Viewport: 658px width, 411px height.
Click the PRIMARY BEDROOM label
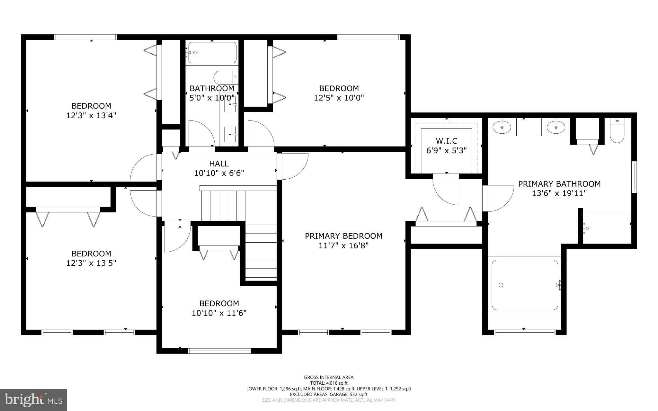click(x=343, y=236)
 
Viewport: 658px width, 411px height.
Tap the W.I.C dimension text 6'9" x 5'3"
click(x=446, y=150)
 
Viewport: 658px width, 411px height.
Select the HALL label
click(x=219, y=164)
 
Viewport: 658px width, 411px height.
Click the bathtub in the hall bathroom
click(x=212, y=53)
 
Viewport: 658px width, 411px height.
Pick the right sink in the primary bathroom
click(x=556, y=127)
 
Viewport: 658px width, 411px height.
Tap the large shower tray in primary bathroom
click(x=524, y=285)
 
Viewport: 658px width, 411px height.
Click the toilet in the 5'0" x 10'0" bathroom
click(x=225, y=77)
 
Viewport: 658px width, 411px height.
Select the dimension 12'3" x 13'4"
click(x=91, y=115)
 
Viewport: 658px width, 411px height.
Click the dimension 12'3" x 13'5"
click(x=91, y=263)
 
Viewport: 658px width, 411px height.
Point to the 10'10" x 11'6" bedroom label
click(x=219, y=303)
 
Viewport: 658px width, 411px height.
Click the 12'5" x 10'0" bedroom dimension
click(x=339, y=98)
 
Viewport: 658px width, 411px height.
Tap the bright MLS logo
click(x=33, y=400)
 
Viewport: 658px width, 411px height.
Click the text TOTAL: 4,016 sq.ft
click(x=329, y=383)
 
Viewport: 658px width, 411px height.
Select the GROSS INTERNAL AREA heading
click(x=329, y=377)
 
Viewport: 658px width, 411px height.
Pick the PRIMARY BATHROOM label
click(x=559, y=184)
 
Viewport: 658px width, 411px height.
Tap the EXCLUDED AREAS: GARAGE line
click(x=329, y=394)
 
